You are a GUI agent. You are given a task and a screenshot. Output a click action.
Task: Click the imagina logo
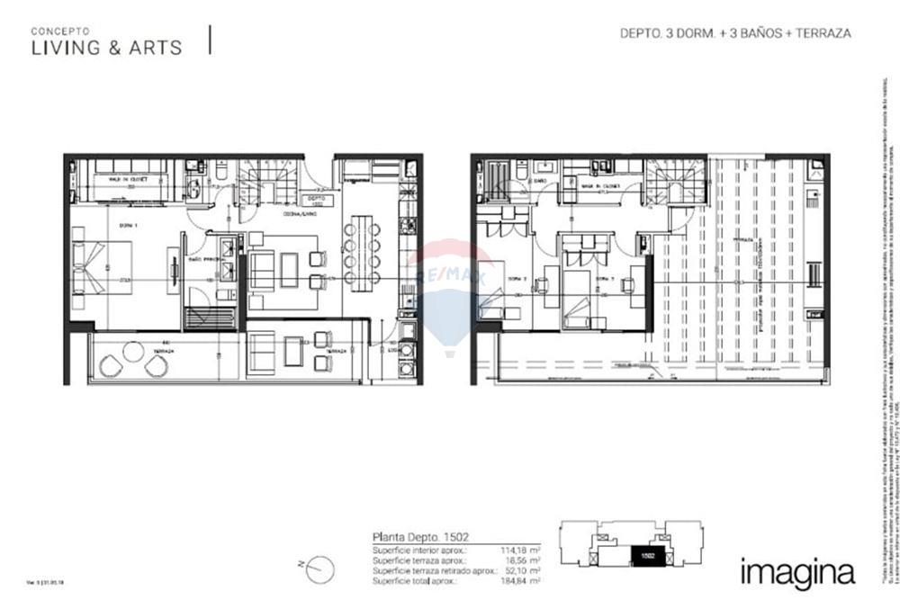(x=796, y=571)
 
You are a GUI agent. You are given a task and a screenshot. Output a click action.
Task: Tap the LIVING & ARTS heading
(x=106, y=48)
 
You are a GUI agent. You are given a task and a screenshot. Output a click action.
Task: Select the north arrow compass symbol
(x=320, y=567)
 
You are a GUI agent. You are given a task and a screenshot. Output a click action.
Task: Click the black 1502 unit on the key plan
(x=646, y=557)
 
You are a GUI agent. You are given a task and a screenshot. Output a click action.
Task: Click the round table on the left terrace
(x=133, y=353)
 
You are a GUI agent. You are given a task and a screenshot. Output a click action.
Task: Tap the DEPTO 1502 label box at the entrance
(x=315, y=201)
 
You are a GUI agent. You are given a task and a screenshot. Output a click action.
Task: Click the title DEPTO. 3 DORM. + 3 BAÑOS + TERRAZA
(x=735, y=33)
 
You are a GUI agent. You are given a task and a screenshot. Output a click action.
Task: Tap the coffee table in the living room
(x=289, y=270)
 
